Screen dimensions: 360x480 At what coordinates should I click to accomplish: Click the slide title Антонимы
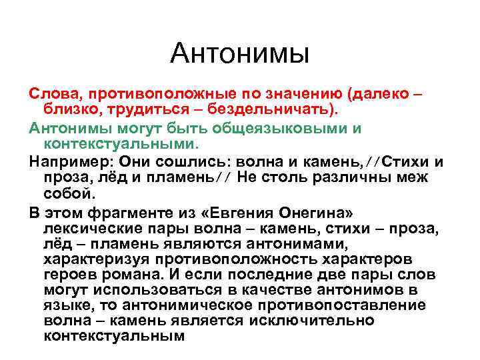(239, 53)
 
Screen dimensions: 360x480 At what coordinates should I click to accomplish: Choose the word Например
(70, 162)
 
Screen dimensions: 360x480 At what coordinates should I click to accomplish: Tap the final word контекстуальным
(113, 335)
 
